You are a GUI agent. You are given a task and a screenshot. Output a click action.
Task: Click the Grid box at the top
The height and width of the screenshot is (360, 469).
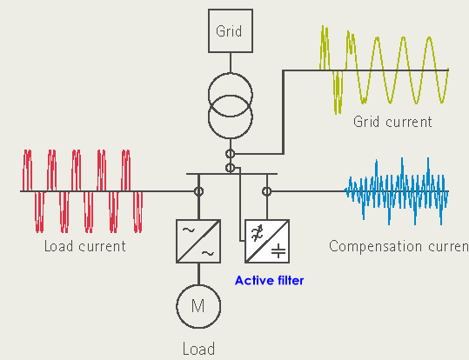pyautogui.click(x=231, y=32)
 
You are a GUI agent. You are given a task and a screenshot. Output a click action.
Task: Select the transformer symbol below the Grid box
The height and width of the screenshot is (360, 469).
pyautogui.click(x=231, y=103)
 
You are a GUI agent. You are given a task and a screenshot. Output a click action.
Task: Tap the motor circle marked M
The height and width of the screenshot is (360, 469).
pyautogui.click(x=198, y=307)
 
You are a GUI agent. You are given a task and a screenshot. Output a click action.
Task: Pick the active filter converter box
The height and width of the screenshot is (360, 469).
pyautogui.click(x=267, y=241)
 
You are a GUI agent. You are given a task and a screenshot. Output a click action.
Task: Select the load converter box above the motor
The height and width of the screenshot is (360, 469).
pyautogui.click(x=198, y=241)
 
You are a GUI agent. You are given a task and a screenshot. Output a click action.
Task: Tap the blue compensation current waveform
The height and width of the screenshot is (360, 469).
pyautogui.click(x=396, y=191)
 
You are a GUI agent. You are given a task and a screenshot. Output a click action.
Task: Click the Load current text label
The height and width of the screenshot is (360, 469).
pyautogui.click(x=85, y=246)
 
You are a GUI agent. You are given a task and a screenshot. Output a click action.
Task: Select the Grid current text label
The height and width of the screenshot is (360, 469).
pyautogui.click(x=392, y=122)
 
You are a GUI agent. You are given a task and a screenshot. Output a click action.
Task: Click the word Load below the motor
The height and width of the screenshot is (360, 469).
pyautogui.click(x=198, y=350)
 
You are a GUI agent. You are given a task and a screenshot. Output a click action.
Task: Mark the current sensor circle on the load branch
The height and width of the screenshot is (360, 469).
pyautogui.click(x=198, y=191)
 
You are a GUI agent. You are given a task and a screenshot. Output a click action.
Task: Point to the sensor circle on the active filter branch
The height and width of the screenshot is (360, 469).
pyautogui.click(x=267, y=191)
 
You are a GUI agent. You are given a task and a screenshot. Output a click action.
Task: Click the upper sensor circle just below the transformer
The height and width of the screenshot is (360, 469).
pyautogui.click(x=231, y=155)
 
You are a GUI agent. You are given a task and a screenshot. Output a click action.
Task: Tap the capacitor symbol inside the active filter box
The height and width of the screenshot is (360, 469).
pyautogui.click(x=278, y=251)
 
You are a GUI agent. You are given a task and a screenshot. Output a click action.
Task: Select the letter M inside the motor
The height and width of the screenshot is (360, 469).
pyautogui.click(x=198, y=307)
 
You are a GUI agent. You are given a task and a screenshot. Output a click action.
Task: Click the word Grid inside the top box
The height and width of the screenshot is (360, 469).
pyautogui.click(x=231, y=32)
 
